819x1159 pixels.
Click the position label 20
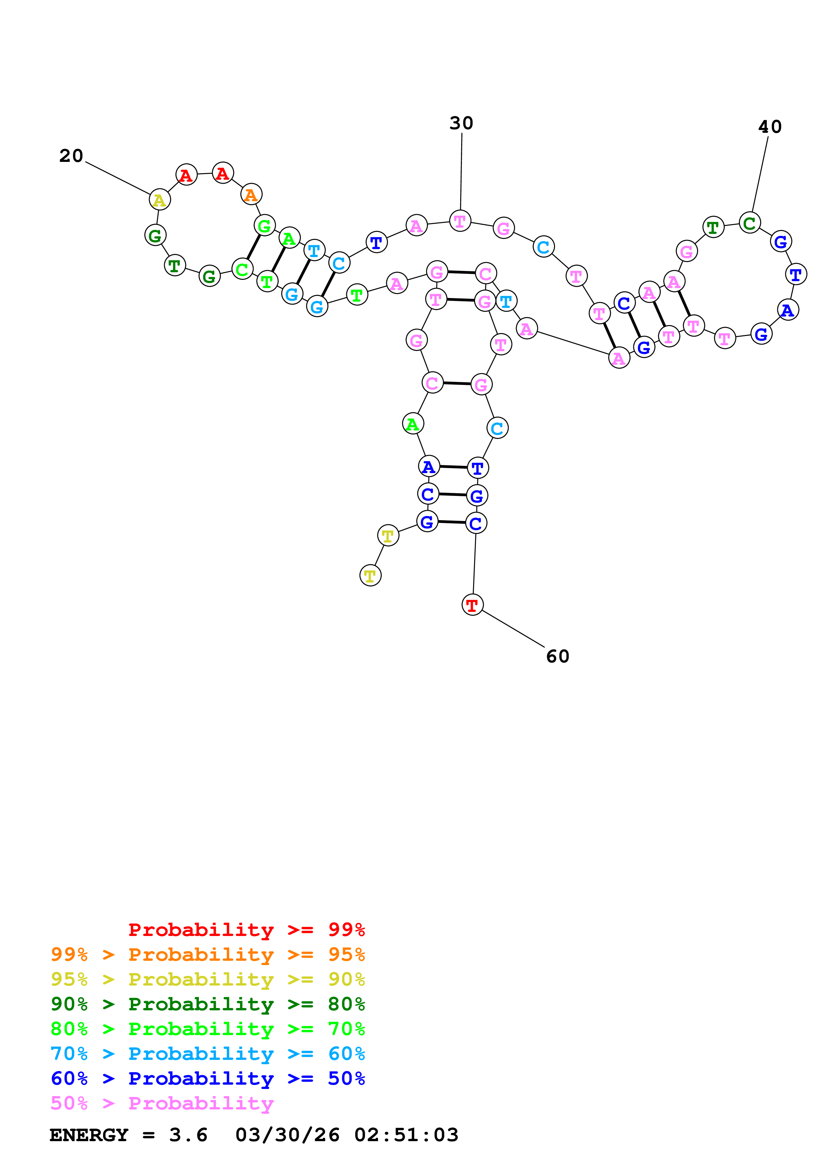click(x=71, y=156)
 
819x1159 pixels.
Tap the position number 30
click(x=461, y=123)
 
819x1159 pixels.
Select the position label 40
click(x=770, y=127)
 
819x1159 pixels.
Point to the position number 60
click(x=558, y=656)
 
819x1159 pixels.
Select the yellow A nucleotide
click(x=160, y=200)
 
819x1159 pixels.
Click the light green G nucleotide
click(x=264, y=226)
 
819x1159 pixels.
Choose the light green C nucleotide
click(x=242, y=269)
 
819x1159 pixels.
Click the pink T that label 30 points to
click(x=460, y=221)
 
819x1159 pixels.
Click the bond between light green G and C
click(x=253, y=247)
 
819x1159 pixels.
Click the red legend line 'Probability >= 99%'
click(x=246, y=929)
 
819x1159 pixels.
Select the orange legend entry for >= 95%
click(x=207, y=954)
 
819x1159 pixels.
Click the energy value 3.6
click(x=188, y=1135)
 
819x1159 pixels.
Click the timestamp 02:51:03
click(x=406, y=1135)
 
